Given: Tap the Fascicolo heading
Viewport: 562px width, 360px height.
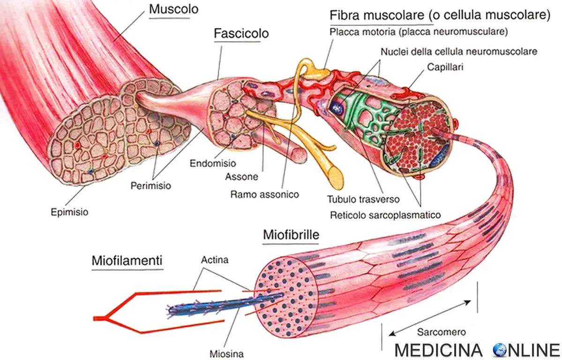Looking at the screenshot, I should click(241, 34).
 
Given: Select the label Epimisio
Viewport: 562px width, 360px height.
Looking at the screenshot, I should click(69, 212).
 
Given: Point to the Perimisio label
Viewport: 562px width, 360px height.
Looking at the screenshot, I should click(150, 186).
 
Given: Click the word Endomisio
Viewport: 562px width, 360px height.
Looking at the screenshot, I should click(213, 164).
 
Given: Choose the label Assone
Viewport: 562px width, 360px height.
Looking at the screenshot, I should click(241, 177).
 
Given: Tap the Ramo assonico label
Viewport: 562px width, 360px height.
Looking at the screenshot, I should click(264, 194).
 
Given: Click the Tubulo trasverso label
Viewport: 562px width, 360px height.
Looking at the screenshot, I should click(363, 199).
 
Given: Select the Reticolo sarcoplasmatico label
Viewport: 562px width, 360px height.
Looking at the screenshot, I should click(385, 215).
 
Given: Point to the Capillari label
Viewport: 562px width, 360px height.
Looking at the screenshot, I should click(444, 67).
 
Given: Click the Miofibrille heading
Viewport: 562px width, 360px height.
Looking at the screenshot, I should click(291, 235).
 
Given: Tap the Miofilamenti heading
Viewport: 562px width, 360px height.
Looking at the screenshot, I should click(127, 260).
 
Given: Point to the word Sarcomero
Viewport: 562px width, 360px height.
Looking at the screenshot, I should click(441, 332).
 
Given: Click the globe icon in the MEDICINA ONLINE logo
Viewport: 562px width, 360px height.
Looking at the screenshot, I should click(501, 350).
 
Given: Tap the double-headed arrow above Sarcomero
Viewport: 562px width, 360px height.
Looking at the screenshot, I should click(430, 317).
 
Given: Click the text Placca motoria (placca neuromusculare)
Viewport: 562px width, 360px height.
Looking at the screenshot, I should click(419, 32).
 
